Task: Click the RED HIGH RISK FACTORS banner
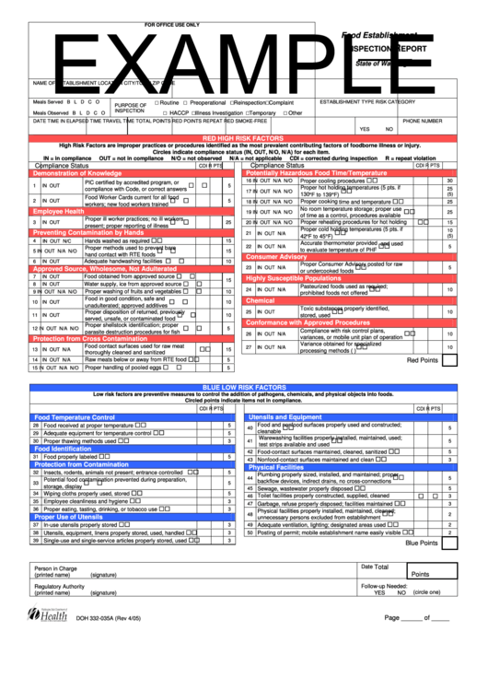point(243,137)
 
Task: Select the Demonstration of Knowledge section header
point(78,172)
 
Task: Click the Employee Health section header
point(60,211)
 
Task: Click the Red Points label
point(422,360)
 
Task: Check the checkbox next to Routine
point(157,102)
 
